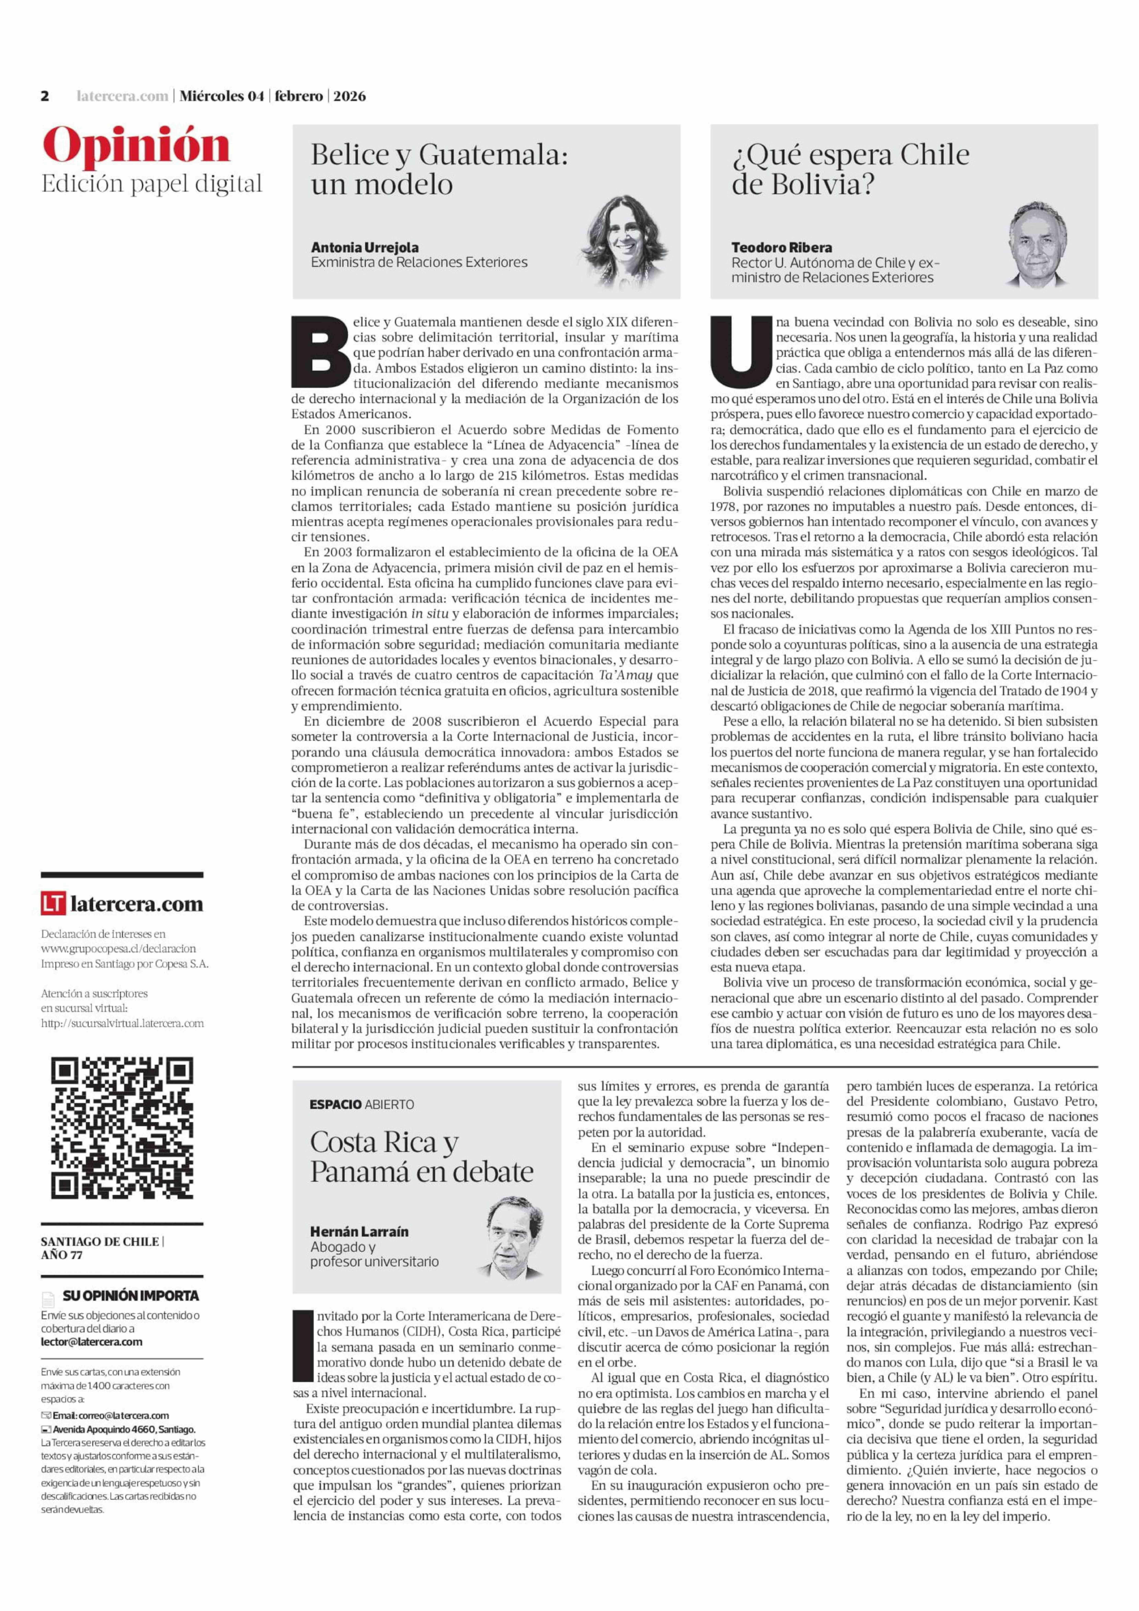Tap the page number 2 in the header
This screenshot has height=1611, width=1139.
(45, 96)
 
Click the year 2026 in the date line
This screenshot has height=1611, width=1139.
(349, 96)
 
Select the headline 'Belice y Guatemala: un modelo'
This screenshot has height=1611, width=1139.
(439, 169)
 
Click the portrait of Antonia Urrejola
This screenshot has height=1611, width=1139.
(624, 243)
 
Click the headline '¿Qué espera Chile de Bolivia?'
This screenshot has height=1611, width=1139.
(850, 169)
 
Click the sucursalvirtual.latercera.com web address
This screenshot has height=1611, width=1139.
(122, 1023)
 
